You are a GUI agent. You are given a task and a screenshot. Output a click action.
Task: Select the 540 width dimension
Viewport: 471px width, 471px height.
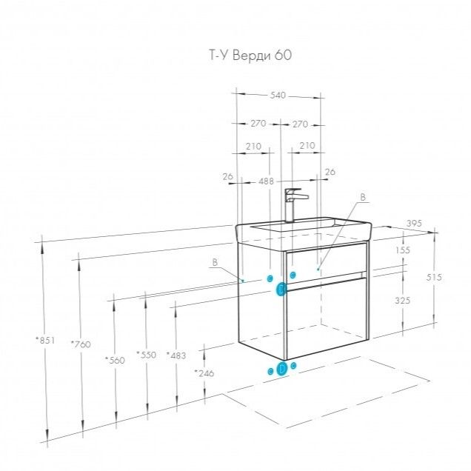[x=278, y=96]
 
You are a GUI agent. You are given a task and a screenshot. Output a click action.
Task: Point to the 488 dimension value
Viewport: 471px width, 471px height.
[x=266, y=181]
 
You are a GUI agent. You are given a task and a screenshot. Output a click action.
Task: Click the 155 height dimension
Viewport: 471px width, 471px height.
[x=403, y=251]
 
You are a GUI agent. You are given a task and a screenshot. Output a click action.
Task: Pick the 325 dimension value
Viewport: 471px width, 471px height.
[x=403, y=301]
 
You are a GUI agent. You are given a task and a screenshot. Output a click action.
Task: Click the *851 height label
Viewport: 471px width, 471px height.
[x=46, y=341]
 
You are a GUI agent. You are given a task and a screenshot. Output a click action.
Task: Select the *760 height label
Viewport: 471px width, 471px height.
[x=80, y=344]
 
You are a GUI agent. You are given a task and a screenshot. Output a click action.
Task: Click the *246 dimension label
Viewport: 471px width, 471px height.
[x=204, y=373]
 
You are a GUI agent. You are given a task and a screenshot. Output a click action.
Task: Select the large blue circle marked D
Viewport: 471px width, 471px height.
[x=282, y=369]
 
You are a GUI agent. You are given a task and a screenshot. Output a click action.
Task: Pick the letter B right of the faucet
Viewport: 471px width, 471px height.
[x=362, y=197]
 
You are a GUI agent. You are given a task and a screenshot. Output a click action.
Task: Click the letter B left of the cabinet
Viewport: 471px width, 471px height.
[x=215, y=262]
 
